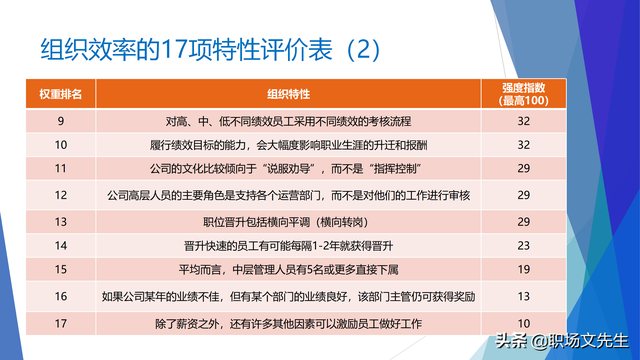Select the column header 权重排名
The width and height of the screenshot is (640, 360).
click(61, 93)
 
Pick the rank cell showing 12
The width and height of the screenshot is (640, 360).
click(61, 194)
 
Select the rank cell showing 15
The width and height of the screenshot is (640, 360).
click(61, 270)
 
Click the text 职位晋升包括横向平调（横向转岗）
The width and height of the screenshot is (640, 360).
click(290, 219)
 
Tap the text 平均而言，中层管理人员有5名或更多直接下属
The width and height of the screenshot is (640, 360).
click(290, 270)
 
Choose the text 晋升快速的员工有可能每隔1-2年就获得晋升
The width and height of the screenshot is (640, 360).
click(290, 245)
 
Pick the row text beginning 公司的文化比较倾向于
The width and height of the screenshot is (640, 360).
click(290, 168)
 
